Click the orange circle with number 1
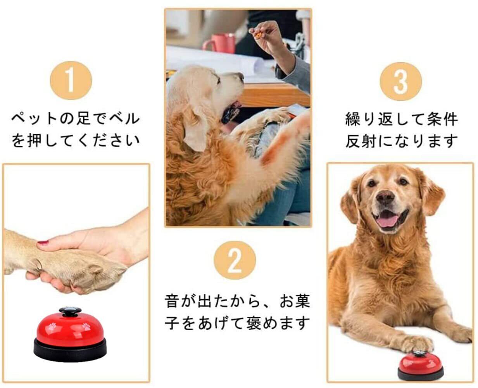click(x=71, y=80)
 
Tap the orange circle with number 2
click(x=235, y=260)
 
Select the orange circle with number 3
click(x=401, y=81)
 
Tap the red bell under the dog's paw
click(x=421, y=366)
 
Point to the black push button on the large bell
click(x=70, y=312)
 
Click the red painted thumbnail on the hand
click(x=43, y=242)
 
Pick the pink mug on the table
click(x=219, y=43)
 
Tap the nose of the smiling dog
click(x=385, y=197)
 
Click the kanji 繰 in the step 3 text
click(x=352, y=119)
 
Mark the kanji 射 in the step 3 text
click(x=369, y=141)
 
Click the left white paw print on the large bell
click(x=52, y=326)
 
